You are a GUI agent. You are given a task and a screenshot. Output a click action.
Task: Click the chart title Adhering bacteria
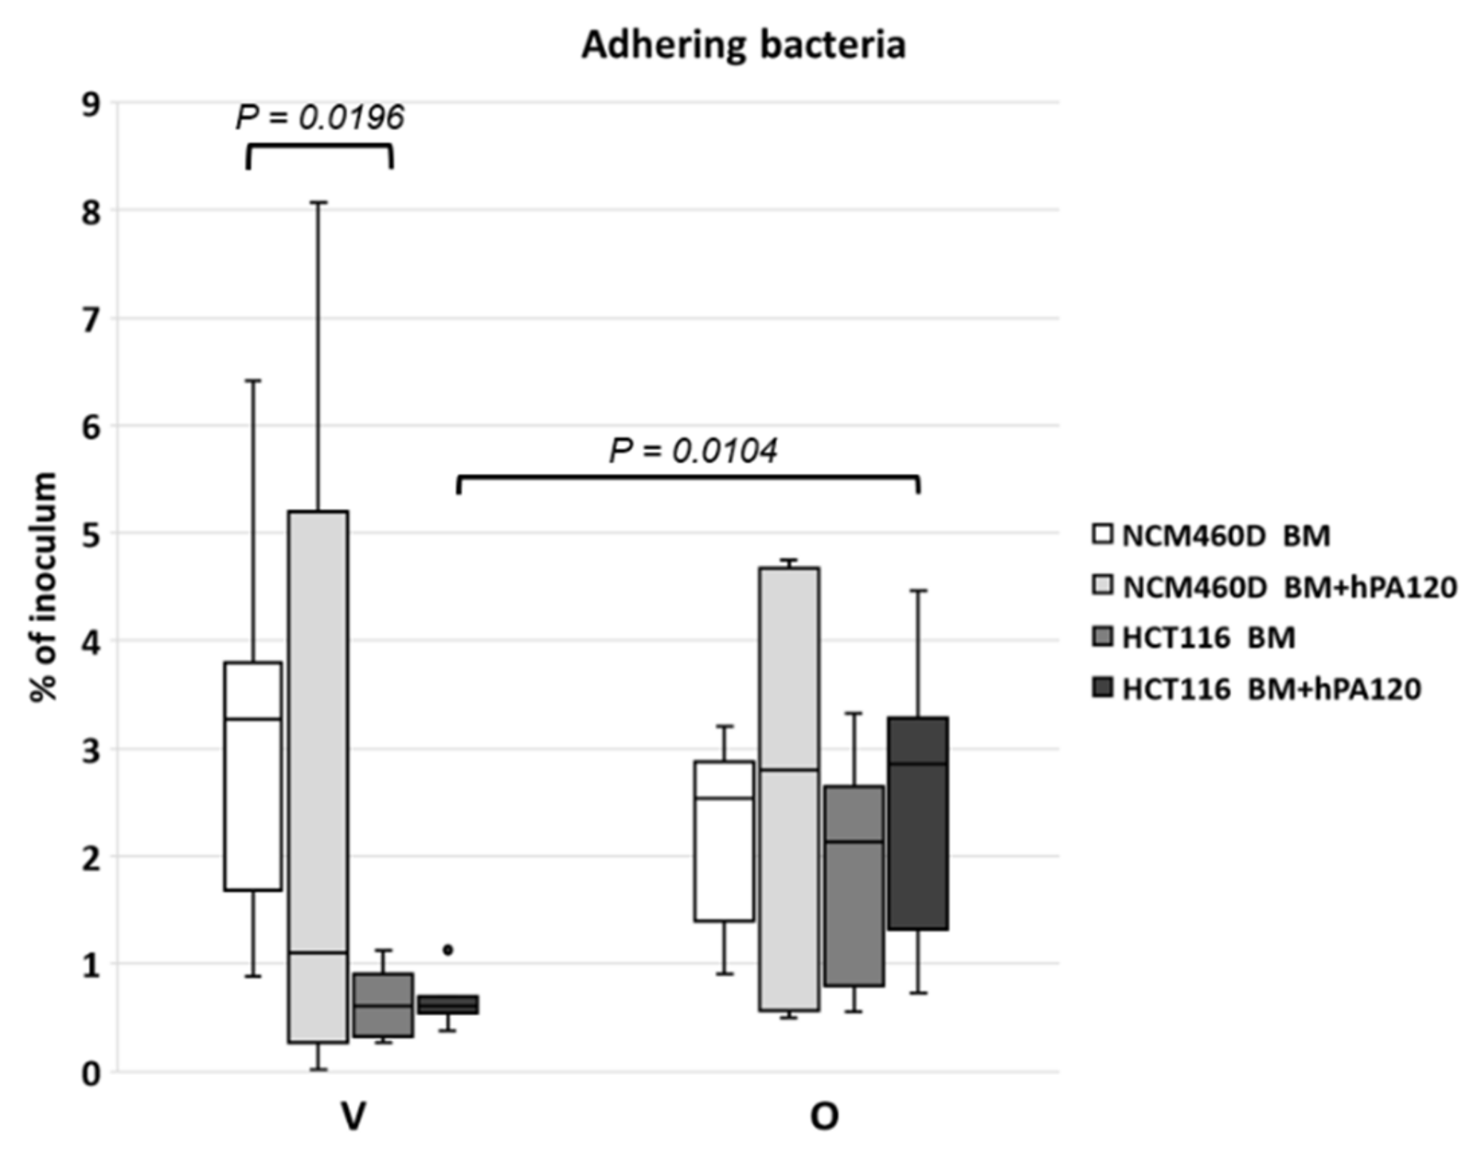click(x=743, y=45)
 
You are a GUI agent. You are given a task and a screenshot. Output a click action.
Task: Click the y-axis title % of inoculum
click(x=44, y=586)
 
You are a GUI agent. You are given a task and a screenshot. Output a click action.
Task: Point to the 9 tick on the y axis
click(x=92, y=105)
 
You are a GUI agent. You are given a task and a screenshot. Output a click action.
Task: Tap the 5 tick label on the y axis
click(x=92, y=534)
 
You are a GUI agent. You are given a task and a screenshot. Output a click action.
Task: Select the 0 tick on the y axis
click(x=92, y=1074)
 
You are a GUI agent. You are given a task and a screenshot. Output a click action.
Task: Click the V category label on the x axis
click(x=353, y=1117)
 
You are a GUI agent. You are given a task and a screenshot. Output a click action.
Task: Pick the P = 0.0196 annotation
click(x=320, y=117)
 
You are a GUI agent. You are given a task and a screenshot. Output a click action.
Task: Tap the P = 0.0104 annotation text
click(x=693, y=451)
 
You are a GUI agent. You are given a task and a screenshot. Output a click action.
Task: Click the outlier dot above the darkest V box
click(x=448, y=950)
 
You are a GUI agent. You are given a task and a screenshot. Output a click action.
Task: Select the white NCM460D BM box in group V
click(x=253, y=776)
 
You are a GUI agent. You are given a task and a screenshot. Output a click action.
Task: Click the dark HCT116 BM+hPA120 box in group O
click(x=918, y=824)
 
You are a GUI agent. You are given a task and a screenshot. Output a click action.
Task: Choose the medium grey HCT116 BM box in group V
click(x=383, y=1005)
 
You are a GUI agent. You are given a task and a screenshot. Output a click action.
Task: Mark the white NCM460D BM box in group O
click(x=724, y=841)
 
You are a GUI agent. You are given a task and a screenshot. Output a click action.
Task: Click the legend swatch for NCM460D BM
click(x=1103, y=535)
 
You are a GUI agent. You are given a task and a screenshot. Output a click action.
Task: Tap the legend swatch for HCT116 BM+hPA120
click(x=1103, y=689)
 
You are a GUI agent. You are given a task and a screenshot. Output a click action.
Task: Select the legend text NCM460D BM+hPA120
click(x=1289, y=587)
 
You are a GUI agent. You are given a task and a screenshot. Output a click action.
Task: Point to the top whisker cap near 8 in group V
click(x=318, y=202)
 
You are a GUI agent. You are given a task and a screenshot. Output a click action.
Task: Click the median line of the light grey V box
click(x=318, y=952)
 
